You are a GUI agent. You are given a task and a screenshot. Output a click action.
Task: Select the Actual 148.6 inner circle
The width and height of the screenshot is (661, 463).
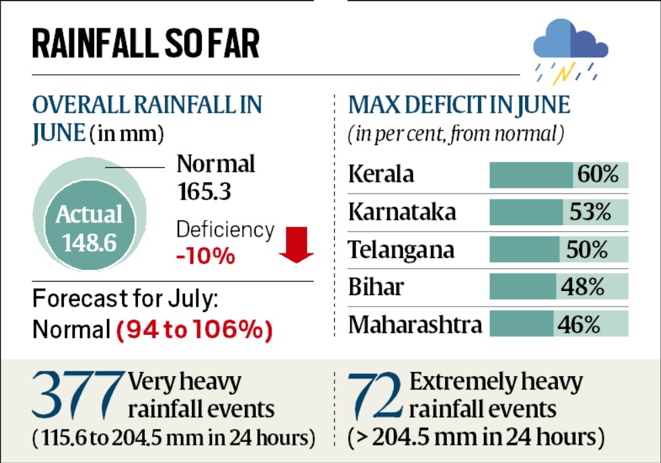coord(89,228)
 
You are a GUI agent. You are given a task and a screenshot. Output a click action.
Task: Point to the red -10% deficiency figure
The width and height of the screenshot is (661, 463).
coord(205,256)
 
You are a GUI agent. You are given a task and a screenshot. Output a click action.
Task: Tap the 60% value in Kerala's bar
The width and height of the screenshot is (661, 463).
coord(598,175)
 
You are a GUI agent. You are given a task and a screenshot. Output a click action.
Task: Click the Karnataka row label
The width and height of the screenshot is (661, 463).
coord(402,212)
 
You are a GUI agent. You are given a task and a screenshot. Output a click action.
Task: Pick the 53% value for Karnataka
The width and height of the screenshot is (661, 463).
coord(590,212)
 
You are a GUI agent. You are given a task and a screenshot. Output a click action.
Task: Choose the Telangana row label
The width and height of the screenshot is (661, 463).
coord(401,249)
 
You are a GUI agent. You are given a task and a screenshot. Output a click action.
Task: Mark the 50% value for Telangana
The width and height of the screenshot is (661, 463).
coord(588,249)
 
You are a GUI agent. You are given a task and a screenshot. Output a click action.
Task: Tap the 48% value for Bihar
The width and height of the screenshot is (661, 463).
coord(584,287)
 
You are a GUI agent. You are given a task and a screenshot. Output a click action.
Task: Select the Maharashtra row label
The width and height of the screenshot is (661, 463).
coord(415,325)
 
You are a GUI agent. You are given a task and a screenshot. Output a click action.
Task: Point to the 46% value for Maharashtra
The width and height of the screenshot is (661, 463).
coord(578,325)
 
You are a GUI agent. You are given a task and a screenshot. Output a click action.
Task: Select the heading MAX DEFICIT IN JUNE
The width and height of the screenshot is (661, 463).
coord(459,106)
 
